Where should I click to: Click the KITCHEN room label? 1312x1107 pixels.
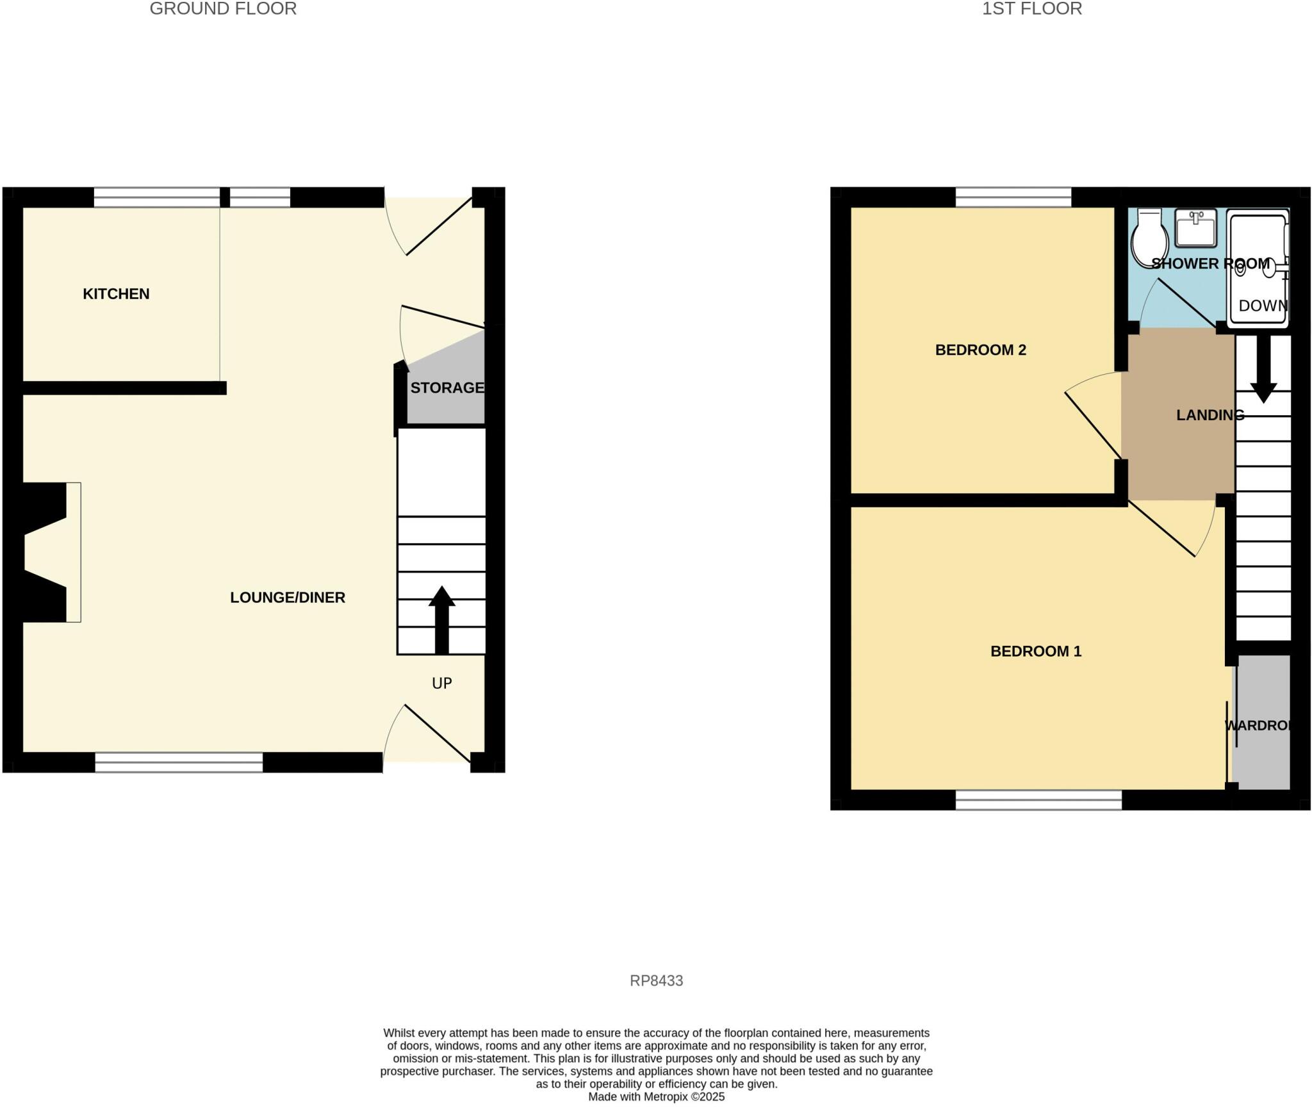pos(116,294)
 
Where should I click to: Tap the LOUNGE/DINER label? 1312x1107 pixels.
pos(288,598)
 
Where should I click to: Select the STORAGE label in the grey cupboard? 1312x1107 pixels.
pos(447,388)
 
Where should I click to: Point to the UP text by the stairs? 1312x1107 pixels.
pos(442,684)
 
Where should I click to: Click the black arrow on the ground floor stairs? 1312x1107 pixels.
pos(442,619)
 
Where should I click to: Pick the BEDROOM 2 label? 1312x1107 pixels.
pos(980,350)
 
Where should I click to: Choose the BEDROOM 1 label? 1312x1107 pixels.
pos(1035,652)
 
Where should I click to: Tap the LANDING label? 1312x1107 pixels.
pos(1209,415)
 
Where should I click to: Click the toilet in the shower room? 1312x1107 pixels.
pos(1150,238)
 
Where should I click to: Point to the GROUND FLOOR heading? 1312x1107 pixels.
pos(223,9)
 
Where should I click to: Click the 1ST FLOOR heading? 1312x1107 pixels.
pos(1032,9)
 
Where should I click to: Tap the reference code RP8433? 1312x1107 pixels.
pos(656,981)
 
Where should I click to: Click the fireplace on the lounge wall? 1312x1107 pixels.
pos(51,552)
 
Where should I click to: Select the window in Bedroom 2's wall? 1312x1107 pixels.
pos(1013,197)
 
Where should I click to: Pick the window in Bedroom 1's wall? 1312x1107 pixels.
pos(1038,799)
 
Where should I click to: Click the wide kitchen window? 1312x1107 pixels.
pos(157,197)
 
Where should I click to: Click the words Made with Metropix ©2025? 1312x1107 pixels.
pos(656,1097)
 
